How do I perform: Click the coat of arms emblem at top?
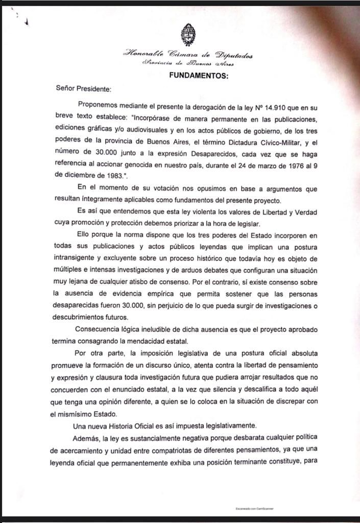pos(187,34)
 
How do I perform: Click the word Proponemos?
pos(99,105)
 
